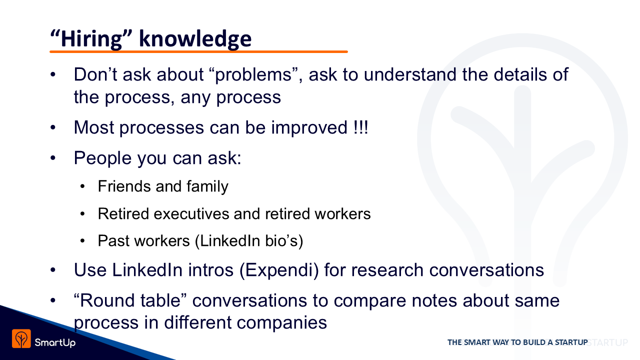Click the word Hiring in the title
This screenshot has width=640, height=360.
click(x=91, y=39)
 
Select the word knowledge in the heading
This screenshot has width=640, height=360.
click(x=195, y=38)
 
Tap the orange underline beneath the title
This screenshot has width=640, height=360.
click(x=198, y=51)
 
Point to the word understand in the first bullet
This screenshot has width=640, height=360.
click(x=410, y=74)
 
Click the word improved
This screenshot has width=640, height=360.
click(x=309, y=128)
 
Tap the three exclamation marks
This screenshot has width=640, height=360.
click(x=360, y=127)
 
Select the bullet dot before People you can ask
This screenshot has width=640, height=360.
click(x=53, y=157)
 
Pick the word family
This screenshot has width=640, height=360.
click(x=207, y=187)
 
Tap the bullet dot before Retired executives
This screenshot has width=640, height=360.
click(x=82, y=213)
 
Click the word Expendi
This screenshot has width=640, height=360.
click(x=279, y=270)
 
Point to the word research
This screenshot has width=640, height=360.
click(x=387, y=270)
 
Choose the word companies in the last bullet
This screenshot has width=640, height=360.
click(x=282, y=323)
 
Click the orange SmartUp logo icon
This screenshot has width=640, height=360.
click(x=21, y=338)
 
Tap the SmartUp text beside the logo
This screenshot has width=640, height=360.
click(x=55, y=342)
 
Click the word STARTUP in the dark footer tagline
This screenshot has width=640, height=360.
click(x=571, y=342)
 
